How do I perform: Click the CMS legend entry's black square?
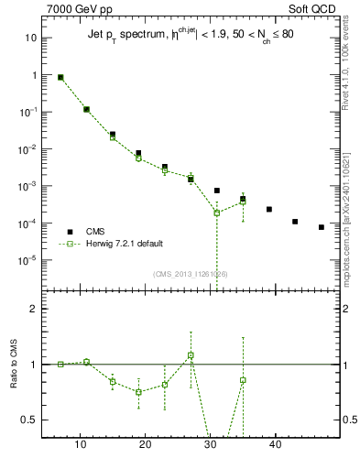(x=70, y=232)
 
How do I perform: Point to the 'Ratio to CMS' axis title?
(x=14, y=379)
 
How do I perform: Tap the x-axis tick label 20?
(x=146, y=445)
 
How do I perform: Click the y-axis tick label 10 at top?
(x=30, y=38)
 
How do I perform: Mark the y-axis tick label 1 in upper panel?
(x=34, y=75)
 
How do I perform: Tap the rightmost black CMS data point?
(x=322, y=227)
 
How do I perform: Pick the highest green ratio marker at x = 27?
(x=191, y=354)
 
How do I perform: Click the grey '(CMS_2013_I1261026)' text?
(x=191, y=273)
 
